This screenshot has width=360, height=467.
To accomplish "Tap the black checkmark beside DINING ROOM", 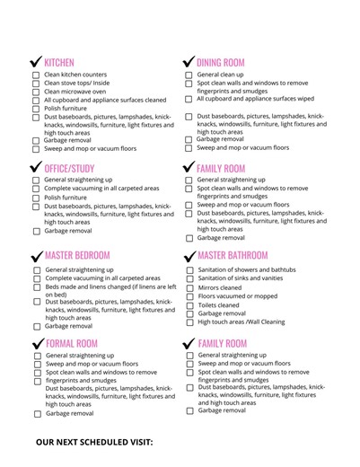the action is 189,62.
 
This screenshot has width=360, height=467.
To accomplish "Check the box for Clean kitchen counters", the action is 37,75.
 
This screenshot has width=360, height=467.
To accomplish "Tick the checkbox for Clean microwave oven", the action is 37,92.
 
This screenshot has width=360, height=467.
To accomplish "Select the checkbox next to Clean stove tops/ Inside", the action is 37,84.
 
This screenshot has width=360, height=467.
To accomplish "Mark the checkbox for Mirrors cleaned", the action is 189,288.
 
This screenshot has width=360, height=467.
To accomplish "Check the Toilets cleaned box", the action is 189,305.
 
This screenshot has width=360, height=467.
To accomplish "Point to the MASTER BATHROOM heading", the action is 233,256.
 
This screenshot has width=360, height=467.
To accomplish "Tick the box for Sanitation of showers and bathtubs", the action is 189,270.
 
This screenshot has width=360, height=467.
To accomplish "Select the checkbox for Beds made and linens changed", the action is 37,287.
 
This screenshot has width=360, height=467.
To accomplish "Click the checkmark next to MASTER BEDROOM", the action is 36,256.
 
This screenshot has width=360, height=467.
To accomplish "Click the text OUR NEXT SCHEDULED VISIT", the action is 94,443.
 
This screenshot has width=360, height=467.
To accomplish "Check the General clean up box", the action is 189,75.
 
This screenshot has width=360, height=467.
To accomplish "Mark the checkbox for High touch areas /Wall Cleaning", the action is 189,322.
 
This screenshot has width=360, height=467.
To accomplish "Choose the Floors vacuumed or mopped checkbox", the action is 189,296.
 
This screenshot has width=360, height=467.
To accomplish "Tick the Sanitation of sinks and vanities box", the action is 189,279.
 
